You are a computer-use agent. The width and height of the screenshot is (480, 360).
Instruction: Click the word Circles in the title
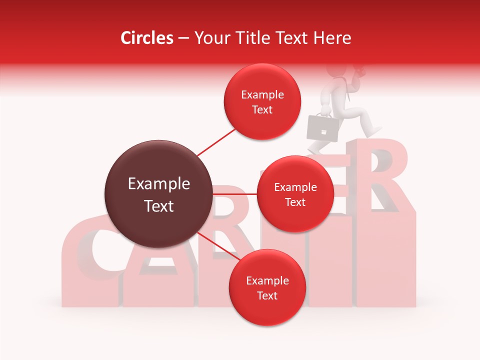(147, 38)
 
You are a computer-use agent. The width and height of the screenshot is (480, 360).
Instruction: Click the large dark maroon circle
(158, 194)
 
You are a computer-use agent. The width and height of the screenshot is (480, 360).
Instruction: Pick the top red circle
(262, 101)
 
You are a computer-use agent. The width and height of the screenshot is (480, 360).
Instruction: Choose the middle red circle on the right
(295, 194)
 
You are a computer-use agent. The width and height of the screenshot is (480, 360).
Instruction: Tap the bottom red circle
(267, 288)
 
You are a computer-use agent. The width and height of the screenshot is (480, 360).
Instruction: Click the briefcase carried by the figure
(323, 127)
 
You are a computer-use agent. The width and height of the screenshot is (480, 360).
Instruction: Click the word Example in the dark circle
(158, 184)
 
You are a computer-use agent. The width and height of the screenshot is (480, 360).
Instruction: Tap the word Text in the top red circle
(262, 109)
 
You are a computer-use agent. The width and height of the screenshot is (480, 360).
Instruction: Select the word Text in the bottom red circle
(267, 296)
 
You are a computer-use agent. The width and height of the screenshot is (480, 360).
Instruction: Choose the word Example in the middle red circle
(295, 187)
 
